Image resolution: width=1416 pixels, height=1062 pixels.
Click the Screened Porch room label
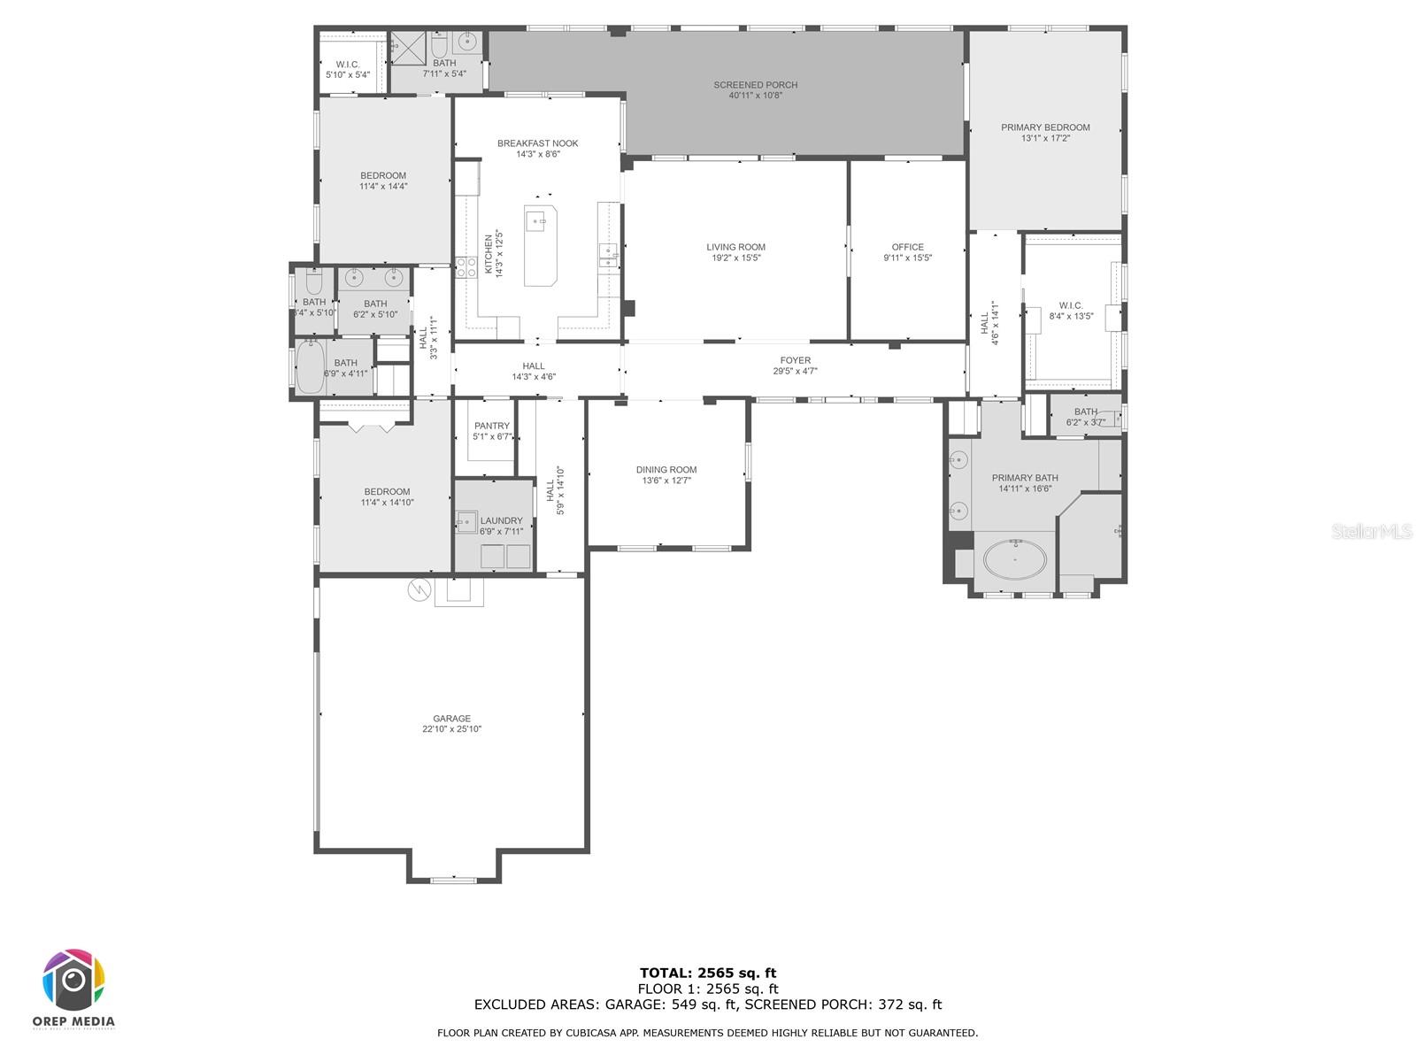(755, 85)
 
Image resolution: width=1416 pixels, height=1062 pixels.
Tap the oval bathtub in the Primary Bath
(1015, 559)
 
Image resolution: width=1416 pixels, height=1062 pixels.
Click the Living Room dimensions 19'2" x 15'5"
(735, 258)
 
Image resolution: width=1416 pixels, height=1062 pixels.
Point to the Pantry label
(491, 426)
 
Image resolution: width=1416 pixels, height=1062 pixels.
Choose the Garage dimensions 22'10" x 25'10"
(451, 729)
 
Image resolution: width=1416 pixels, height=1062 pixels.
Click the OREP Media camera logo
(73, 981)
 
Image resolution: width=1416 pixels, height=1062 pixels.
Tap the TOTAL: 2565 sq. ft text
(707, 973)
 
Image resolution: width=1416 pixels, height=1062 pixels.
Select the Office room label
(907, 248)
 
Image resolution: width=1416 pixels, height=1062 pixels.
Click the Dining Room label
(666, 470)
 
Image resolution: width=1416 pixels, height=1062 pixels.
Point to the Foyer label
(795, 360)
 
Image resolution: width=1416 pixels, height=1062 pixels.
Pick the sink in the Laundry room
(466, 522)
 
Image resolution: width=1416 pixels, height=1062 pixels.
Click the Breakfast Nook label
(537, 143)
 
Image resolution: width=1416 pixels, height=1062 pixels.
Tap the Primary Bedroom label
(1045, 127)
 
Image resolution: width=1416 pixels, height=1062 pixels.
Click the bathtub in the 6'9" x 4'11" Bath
(311, 367)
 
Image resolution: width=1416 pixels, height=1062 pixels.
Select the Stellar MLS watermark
(1372, 531)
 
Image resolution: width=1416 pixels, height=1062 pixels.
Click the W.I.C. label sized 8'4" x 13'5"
(1071, 306)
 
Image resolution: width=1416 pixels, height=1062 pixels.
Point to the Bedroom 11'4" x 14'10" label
(387, 492)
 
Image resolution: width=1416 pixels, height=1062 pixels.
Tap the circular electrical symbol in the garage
(418, 589)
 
